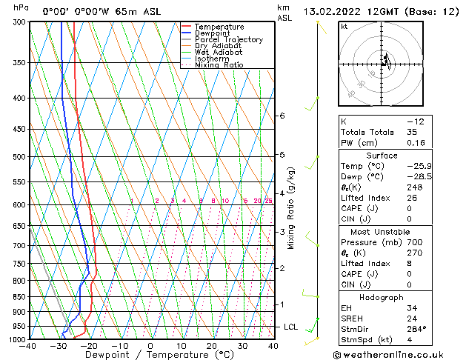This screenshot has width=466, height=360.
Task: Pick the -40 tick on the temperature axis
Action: [x=28, y=346]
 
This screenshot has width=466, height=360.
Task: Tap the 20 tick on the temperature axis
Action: [x=212, y=346]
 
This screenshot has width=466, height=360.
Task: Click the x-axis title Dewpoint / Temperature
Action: [x=149, y=355]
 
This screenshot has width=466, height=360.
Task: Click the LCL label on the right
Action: [x=291, y=327]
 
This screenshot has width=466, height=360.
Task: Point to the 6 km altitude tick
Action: [x=282, y=116]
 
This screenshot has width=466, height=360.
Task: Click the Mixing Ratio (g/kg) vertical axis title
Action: [x=291, y=208]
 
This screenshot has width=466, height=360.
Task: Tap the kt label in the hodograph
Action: [x=344, y=26]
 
